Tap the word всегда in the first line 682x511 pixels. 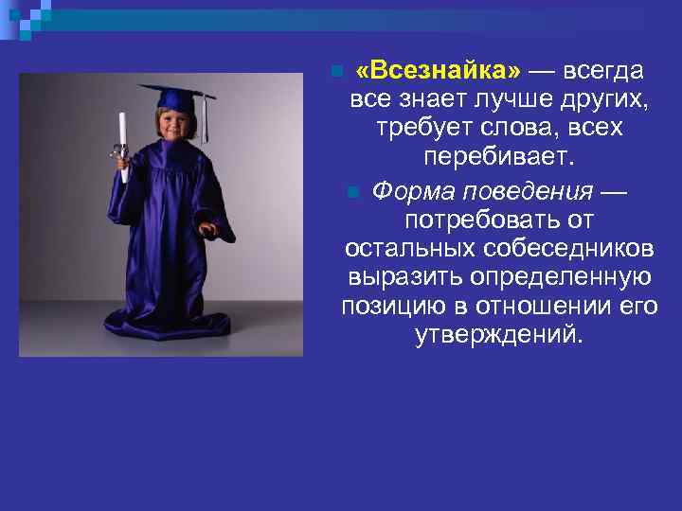click(x=604, y=71)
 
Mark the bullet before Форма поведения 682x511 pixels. click(x=352, y=193)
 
